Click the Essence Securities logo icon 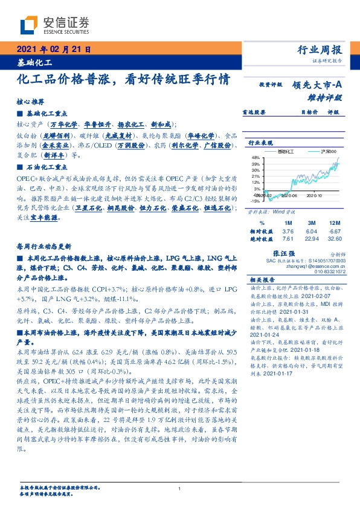[x=28, y=25]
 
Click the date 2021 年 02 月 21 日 [x=53, y=50]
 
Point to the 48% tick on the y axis [x=256, y=157]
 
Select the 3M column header [x=311, y=222]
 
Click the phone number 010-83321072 [x=329, y=272]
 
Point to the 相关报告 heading [x=262, y=280]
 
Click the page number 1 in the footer [x=180, y=488]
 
